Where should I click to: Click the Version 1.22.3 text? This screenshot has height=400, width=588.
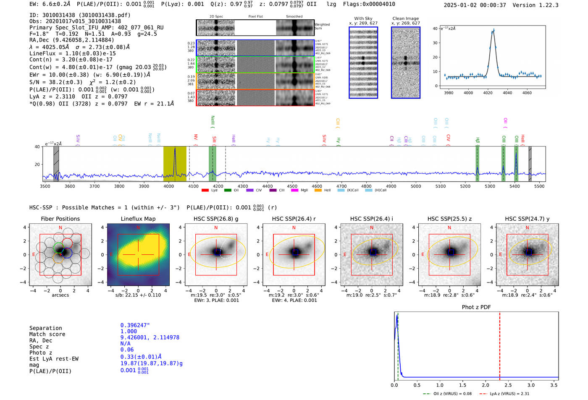536,5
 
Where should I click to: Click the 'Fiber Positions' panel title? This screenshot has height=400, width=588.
60,219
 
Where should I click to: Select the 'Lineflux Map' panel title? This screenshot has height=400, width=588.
138,219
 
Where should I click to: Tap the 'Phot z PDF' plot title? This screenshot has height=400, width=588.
476,307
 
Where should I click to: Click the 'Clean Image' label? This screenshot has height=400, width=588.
405,18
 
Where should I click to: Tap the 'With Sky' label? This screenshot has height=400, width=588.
363,18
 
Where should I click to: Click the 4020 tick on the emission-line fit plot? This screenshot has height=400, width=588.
488,93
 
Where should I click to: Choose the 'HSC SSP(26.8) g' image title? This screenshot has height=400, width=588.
215,219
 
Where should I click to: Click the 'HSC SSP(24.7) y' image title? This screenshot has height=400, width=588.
527,219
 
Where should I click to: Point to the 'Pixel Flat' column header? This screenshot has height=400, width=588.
255,17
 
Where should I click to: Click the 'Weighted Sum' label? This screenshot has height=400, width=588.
322,26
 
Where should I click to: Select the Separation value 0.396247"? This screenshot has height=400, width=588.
135,325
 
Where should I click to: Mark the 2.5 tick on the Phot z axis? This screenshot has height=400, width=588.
508,385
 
